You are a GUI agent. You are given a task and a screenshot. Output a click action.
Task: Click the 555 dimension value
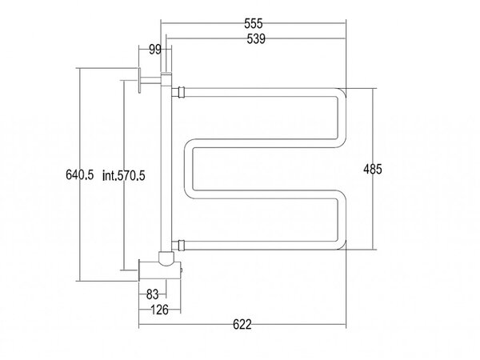pos(254,23)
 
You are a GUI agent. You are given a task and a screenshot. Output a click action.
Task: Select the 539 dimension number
pos(256,39)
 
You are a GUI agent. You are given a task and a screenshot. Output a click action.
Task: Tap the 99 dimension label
pos(155,50)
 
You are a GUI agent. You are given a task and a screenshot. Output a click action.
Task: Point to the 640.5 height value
pos(80,174)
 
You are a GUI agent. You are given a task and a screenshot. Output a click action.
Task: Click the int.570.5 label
pos(124,176)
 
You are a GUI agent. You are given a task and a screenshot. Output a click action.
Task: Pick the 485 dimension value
pos(373,169)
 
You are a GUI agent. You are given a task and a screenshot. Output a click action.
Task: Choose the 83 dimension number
pos(152,294)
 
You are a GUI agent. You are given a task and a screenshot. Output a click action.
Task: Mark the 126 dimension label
pos(160,310)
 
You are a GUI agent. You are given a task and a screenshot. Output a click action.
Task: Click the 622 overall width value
pos(242,324)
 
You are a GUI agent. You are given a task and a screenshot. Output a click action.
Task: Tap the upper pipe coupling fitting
pos(178,92)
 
